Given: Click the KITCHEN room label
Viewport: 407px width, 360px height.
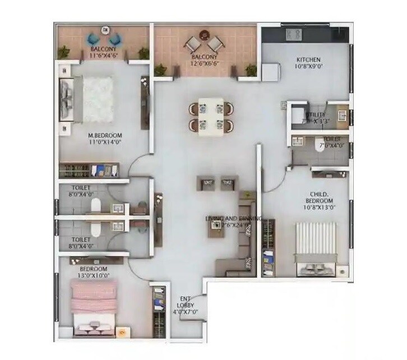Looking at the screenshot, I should coord(308,59).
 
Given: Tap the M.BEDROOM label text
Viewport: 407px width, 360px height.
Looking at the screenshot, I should coord(105,135).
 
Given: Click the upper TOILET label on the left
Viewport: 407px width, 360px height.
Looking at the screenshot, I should coord(81,188).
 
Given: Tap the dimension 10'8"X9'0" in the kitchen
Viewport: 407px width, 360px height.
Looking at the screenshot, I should coord(308,67).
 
